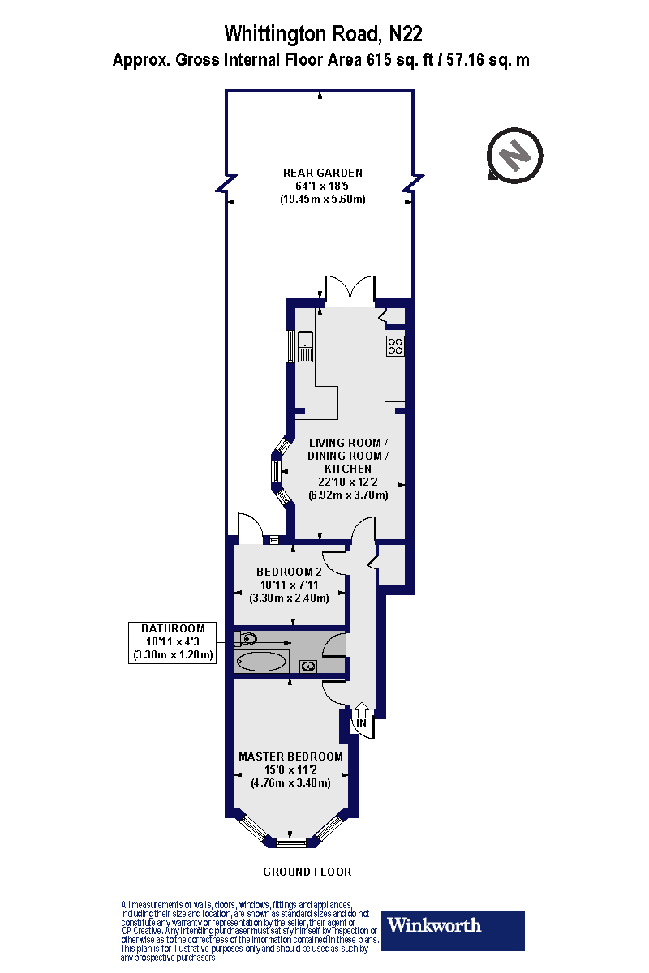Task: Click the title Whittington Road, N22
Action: coord(323,34)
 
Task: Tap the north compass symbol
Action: coord(514,153)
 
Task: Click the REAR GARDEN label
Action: coord(322,173)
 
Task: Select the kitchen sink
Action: coord(306,345)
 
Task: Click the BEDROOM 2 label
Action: coord(289,572)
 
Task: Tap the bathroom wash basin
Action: coord(309,667)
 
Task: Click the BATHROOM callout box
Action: coord(173,642)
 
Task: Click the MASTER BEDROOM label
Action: coord(290,757)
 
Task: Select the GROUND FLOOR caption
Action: coord(307,872)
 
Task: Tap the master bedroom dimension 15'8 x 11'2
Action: coord(290,769)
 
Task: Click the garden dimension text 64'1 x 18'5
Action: coord(322,186)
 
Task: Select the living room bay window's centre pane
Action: coord(275,472)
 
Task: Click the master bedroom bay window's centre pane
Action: coord(290,843)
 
